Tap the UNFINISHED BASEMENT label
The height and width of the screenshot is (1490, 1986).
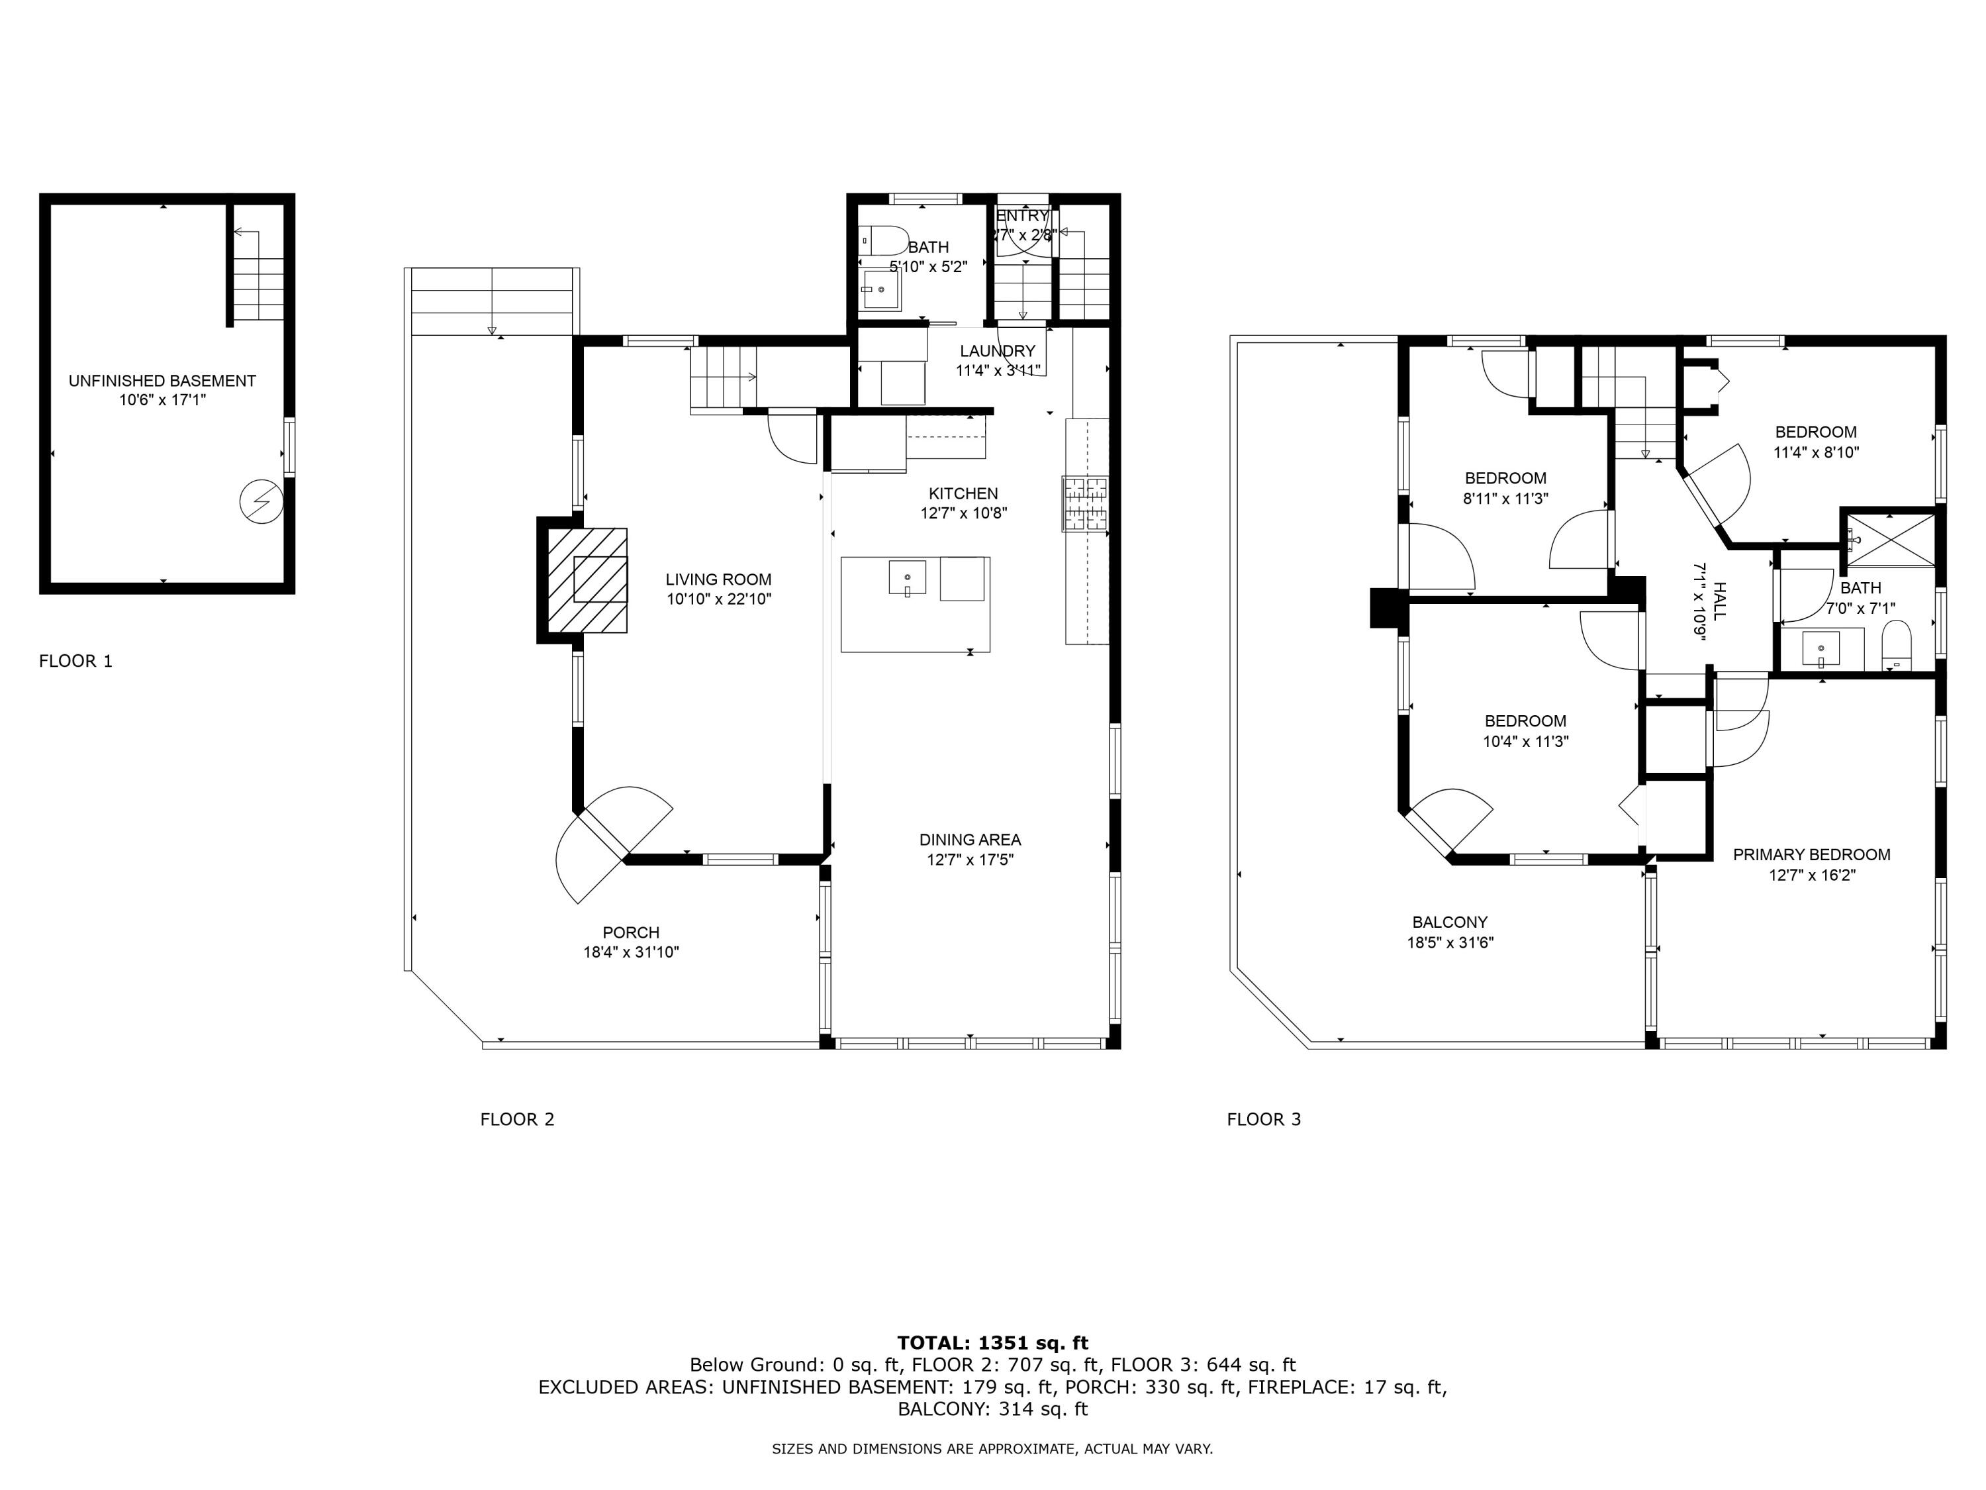coord(162,381)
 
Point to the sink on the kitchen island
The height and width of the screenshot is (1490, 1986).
coord(907,578)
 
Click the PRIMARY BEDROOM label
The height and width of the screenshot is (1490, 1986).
coord(1811,854)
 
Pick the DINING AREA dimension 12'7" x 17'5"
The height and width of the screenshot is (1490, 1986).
coord(970,860)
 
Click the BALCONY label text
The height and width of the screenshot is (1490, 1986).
coord(1449,922)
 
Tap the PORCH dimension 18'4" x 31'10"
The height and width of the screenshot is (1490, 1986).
coord(630,952)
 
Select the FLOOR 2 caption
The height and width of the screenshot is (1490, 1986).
coord(517,1119)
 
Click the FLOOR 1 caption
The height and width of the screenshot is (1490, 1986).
coord(75,661)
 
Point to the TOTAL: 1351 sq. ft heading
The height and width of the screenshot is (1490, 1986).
coord(992,1343)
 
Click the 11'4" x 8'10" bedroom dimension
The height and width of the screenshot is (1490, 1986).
coord(1815,453)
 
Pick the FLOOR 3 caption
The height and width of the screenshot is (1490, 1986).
coord(1263,1119)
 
